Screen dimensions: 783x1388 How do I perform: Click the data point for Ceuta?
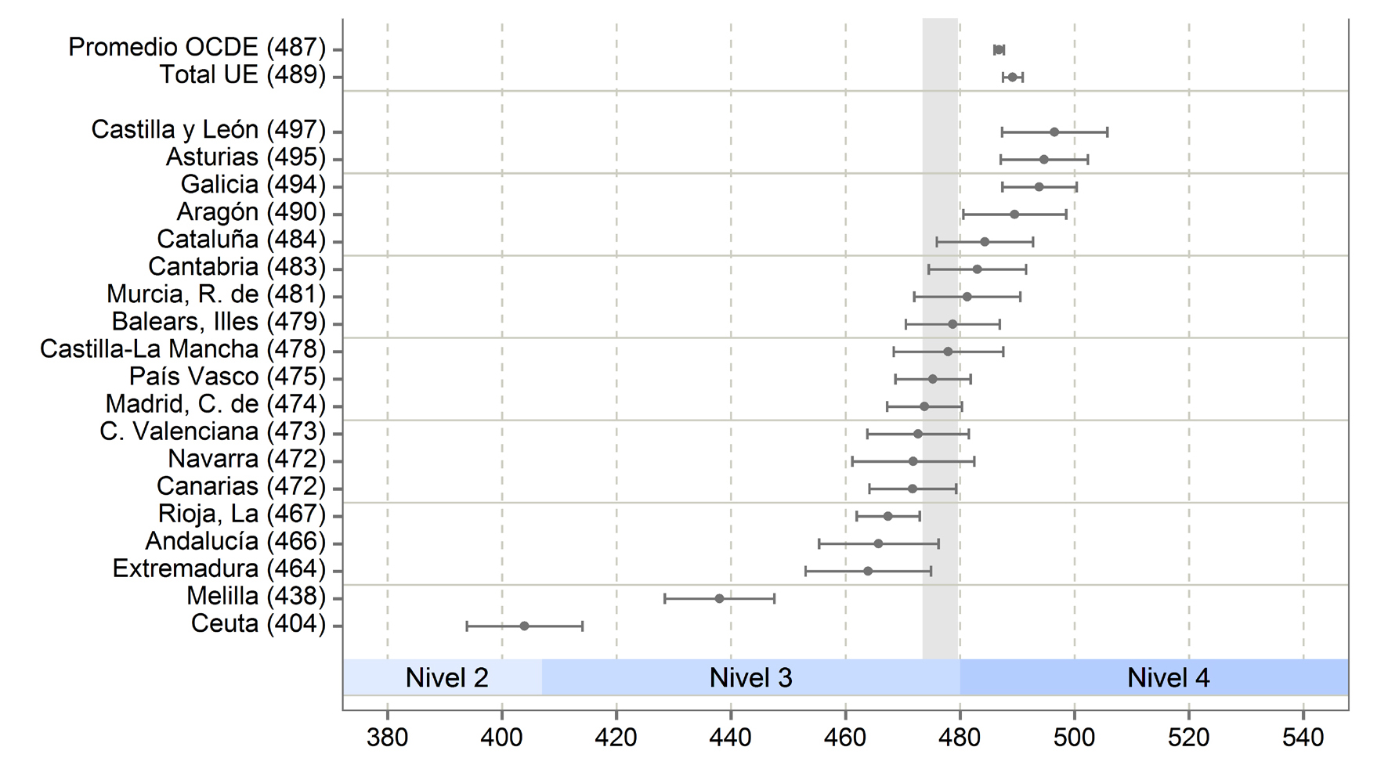coord(524,626)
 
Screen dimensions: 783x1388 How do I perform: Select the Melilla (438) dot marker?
coord(719,599)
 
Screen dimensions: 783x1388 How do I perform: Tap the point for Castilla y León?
coord(1054,132)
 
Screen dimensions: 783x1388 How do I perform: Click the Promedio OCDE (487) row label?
coord(197,47)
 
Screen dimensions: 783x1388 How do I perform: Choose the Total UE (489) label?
coord(242,75)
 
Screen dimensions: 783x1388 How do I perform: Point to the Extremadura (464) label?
coord(219,568)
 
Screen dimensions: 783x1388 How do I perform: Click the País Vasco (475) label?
coord(227,377)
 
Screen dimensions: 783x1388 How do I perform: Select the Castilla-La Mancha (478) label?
coord(183,349)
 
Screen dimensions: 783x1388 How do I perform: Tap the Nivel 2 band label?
coord(446,677)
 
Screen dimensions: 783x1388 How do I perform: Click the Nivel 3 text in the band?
coord(750,677)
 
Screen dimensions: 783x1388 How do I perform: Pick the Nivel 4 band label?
coord(1168,677)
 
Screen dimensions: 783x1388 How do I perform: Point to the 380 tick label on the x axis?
coord(387,737)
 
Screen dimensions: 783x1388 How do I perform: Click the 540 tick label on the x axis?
coord(1303,737)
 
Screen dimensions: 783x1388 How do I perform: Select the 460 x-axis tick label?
coord(845,737)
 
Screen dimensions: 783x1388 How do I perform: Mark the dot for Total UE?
coord(1012,78)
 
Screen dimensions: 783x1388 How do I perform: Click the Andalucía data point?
coord(878,543)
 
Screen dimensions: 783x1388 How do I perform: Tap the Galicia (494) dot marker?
coord(1039,187)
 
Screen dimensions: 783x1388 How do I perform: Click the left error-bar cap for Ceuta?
coord(467,626)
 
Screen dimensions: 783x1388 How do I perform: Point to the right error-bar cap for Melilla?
coord(774,599)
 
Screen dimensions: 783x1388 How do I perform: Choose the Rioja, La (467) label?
coord(241,514)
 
